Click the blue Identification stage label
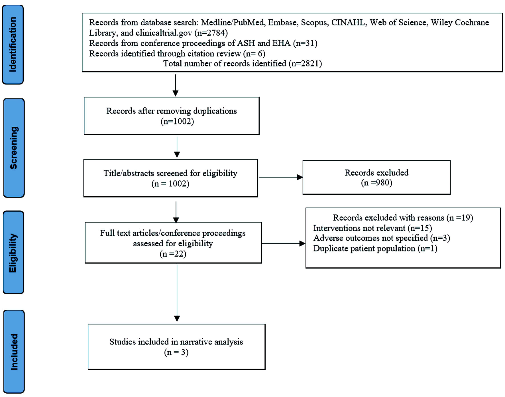[x=13, y=45]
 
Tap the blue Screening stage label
[x=14, y=148]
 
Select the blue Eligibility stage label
[x=13, y=252]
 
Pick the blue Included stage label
[x=14, y=352]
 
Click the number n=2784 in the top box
[x=211, y=33]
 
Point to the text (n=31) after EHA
[x=305, y=43]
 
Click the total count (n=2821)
[x=305, y=63]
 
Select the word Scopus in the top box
[x=314, y=23]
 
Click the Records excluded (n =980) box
[x=376, y=177]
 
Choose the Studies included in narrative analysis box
[x=177, y=347]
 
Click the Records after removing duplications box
[x=172, y=116]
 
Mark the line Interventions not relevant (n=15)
[x=372, y=228]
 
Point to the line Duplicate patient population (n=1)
[x=375, y=248]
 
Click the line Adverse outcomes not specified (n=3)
[x=382, y=238]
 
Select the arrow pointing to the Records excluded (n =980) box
[x=281, y=177]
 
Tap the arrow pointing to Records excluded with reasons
[x=284, y=243]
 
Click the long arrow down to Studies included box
[x=177, y=293]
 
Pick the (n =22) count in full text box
[x=173, y=254]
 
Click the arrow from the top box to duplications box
[x=176, y=85]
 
